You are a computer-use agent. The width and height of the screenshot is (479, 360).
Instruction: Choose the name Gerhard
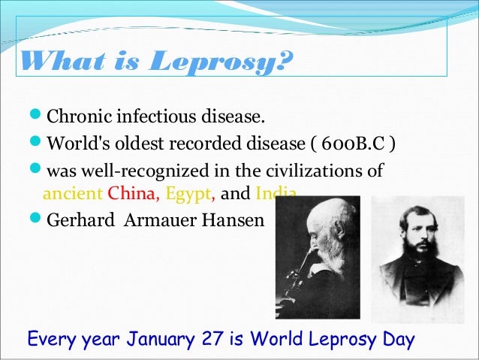(77, 221)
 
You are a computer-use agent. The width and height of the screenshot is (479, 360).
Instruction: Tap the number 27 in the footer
(214, 339)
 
